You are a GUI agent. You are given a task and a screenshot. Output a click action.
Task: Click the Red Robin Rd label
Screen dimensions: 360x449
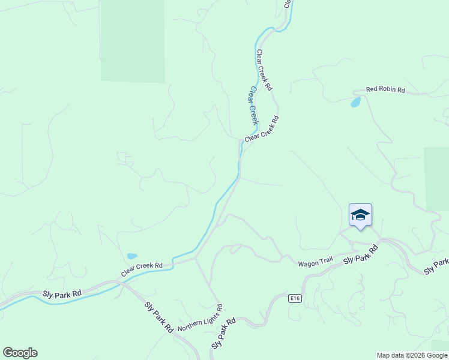coord(385,90)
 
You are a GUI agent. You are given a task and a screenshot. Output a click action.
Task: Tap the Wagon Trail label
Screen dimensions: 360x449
coord(315,263)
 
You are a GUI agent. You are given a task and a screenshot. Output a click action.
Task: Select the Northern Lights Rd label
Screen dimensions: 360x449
coord(200,320)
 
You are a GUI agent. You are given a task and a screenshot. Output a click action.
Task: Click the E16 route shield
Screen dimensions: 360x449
coord(294,298)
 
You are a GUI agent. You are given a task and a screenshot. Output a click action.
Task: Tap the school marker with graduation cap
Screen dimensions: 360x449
coord(360,216)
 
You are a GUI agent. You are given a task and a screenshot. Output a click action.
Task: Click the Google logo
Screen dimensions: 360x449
coord(20,353)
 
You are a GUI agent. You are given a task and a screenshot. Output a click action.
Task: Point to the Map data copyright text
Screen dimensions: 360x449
coord(412,355)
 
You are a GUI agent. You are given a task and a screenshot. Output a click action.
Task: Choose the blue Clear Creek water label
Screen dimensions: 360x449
coord(254,106)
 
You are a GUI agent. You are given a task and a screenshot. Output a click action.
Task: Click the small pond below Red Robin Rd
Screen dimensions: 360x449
coord(355,103)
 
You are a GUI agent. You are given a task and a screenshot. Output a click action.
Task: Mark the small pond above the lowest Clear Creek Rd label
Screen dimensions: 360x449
coord(131,256)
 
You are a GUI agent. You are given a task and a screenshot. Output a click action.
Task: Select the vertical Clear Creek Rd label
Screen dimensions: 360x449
coord(264,70)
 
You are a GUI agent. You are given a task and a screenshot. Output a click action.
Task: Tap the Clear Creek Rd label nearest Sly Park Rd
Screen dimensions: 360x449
coord(142,269)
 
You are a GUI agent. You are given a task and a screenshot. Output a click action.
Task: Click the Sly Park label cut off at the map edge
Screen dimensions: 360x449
coord(436,266)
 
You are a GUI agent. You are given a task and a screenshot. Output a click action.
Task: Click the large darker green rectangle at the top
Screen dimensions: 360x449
coord(133,41)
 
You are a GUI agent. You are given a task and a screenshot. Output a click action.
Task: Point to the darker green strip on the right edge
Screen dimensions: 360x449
coord(436,178)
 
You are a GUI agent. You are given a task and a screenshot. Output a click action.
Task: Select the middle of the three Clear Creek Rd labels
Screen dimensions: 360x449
coord(262,129)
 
